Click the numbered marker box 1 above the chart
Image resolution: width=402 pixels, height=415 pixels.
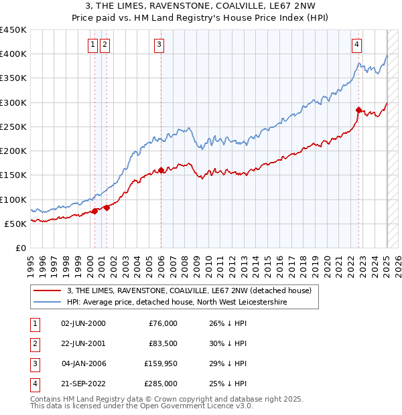[92, 45]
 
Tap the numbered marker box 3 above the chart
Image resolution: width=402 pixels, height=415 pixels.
[159, 45]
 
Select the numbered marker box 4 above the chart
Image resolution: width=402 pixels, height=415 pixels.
[357, 45]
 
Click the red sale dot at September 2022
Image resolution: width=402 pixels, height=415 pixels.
[359, 110]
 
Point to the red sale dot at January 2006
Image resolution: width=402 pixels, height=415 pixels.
[161, 170]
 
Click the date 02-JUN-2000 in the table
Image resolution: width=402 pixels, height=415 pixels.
[83, 323]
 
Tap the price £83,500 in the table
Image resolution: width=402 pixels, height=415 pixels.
[163, 343]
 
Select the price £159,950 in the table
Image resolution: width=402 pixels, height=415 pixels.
[161, 363]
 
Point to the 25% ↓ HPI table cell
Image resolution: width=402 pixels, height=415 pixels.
[228, 384]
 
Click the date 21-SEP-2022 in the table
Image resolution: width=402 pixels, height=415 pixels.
[83, 384]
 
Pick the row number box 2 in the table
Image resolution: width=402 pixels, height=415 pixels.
[34, 343]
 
